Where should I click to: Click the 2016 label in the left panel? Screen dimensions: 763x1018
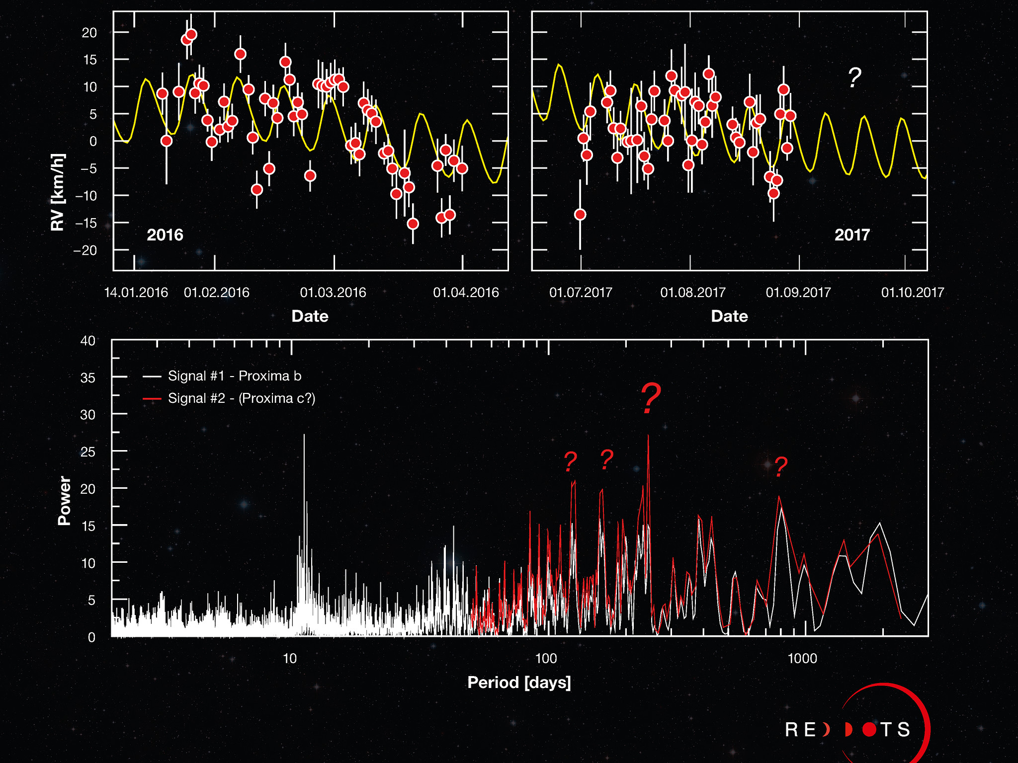point(165,234)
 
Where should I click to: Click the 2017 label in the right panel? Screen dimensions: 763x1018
point(852,234)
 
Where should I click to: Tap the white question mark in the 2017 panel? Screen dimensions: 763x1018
point(854,78)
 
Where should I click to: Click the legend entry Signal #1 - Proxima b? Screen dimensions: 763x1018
point(234,376)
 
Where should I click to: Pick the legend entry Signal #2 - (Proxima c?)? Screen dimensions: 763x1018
point(242,398)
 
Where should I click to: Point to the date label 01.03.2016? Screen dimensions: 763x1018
point(333,293)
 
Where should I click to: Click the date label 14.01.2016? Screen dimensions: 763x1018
point(136,293)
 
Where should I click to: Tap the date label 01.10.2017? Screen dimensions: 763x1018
point(913,293)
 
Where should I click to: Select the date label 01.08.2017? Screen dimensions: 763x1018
point(693,293)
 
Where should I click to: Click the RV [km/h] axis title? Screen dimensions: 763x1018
point(58,192)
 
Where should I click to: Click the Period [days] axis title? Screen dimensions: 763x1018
point(519,683)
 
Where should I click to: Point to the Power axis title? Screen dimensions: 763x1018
point(65,500)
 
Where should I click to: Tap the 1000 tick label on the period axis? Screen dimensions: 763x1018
point(802,659)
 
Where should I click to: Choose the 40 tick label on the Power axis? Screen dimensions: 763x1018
point(88,341)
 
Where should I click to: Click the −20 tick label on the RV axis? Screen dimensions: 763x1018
point(85,250)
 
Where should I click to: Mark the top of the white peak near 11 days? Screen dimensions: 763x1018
point(304,435)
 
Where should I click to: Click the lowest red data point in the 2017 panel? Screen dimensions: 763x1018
point(580,215)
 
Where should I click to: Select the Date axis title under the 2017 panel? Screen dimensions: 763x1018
point(729,316)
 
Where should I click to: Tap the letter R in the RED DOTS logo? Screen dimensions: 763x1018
point(791,730)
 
